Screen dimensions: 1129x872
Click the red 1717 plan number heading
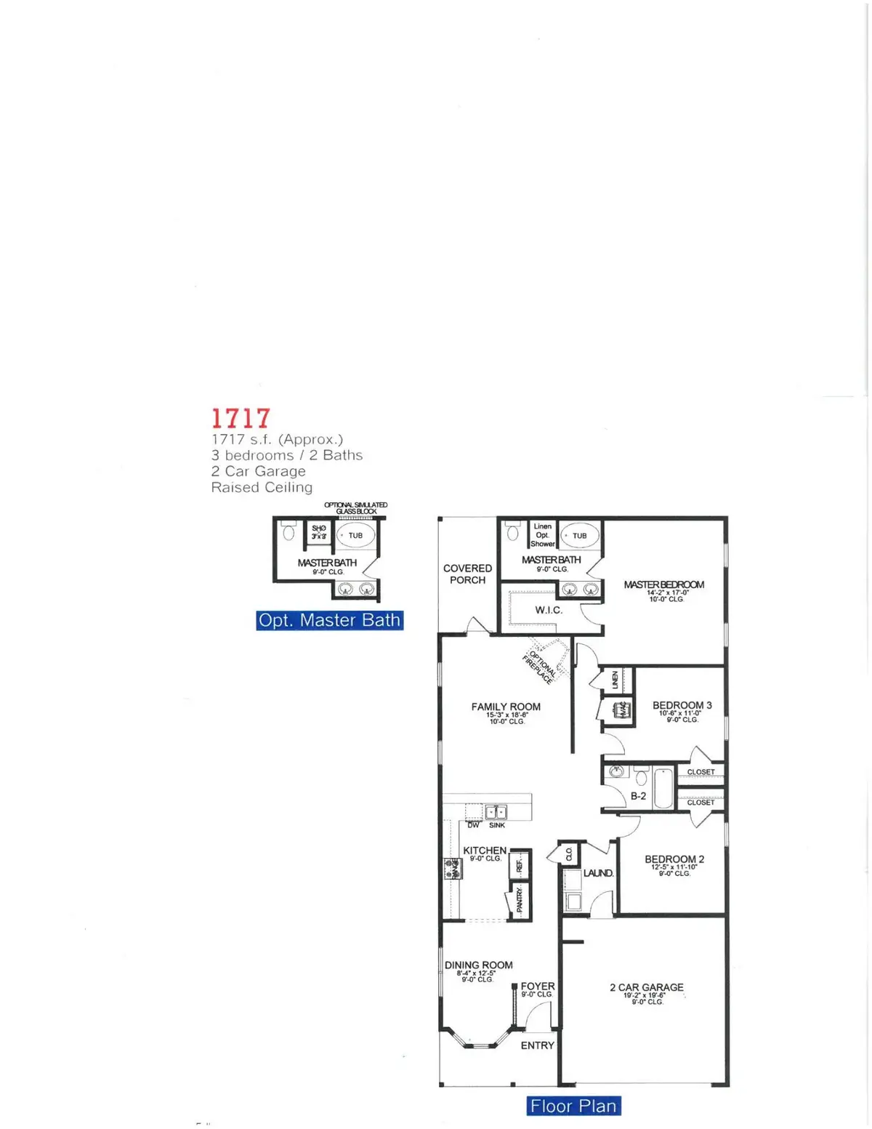[x=241, y=418]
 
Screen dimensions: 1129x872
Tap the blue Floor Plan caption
[x=573, y=1106]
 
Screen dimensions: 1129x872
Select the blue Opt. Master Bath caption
[x=329, y=620]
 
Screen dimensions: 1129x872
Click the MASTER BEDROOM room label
[x=663, y=584]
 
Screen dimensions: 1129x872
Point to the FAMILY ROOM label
[x=506, y=707]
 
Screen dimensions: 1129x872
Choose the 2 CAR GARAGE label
[x=646, y=987]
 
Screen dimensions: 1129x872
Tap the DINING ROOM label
[x=478, y=965]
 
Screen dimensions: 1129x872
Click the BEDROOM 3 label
[x=682, y=705]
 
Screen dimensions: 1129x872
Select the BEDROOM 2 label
[x=674, y=859]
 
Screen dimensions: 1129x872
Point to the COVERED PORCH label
[x=467, y=574]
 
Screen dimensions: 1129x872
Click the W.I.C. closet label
[x=549, y=610]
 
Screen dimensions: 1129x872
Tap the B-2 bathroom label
[x=638, y=796]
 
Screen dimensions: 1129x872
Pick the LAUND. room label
[x=599, y=872]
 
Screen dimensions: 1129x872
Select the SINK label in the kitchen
[x=497, y=825]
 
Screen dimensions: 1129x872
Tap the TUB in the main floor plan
[x=579, y=536]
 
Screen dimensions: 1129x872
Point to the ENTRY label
[x=537, y=1045]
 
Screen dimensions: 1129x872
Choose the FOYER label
[x=537, y=987]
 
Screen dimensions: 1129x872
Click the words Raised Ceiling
[x=262, y=487]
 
